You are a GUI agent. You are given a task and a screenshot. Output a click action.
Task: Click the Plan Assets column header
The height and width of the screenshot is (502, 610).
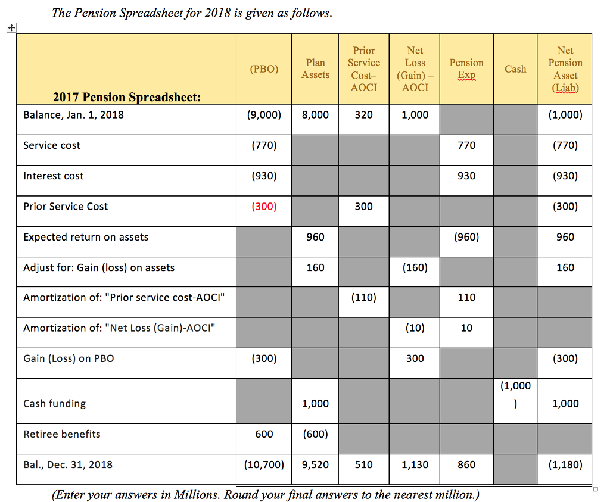[x=315, y=68]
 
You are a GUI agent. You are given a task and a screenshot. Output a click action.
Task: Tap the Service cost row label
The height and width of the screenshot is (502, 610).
[x=52, y=145]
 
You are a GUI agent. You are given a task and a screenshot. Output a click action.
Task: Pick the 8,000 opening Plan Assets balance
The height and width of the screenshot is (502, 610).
[x=315, y=115]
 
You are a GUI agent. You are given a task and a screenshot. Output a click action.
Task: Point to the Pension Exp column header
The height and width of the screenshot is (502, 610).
[x=466, y=68]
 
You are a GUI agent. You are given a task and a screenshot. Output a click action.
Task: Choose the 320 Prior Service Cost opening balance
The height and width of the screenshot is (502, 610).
[x=363, y=115]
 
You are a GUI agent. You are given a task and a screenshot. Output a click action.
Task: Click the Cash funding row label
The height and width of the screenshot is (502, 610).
[x=54, y=404]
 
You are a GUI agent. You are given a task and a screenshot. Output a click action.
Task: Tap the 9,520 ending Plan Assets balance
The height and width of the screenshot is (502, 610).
[x=315, y=464]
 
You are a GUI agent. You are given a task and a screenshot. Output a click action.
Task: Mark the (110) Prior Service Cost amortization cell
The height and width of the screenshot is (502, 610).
[x=363, y=297]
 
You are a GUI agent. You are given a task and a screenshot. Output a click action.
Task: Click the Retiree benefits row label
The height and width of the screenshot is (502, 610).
[x=62, y=434]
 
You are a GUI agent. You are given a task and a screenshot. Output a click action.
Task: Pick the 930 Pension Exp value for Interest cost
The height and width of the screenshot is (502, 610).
[x=466, y=176]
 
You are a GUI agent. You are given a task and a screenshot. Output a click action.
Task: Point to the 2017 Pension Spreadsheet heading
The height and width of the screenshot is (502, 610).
[x=127, y=98]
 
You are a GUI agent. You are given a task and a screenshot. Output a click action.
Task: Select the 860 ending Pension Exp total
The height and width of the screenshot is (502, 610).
[x=466, y=464]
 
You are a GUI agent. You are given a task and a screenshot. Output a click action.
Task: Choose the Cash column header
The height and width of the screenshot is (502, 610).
[x=515, y=69]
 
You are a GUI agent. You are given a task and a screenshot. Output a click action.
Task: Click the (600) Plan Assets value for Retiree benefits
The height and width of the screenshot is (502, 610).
[x=315, y=434]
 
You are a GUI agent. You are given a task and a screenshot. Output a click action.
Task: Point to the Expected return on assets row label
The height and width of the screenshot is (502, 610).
[x=86, y=237]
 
